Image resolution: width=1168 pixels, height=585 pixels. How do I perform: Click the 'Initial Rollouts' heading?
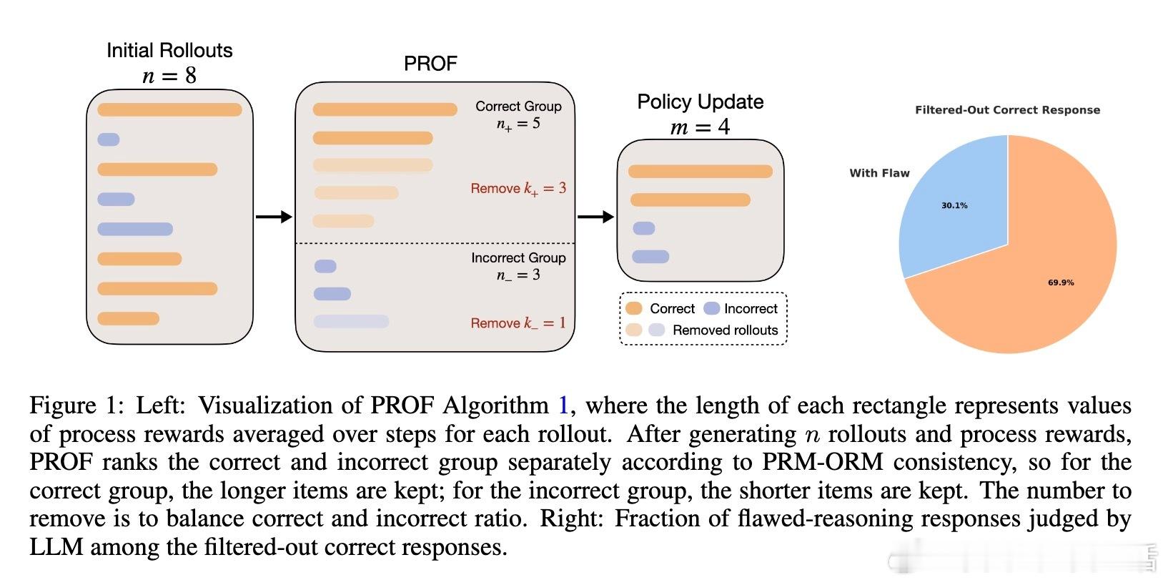tap(169, 50)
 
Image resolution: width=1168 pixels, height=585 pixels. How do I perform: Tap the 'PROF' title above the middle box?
tap(430, 64)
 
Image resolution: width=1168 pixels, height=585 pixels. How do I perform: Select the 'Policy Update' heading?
tap(701, 102)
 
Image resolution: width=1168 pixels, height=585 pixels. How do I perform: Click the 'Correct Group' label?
tap(518, 107)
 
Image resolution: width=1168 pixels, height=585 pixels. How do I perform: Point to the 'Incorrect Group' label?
tap(518, 257)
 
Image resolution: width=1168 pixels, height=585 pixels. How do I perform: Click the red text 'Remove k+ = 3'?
tap(518, 188)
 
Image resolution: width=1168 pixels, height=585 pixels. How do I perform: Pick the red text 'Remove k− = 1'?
tap(518, 323)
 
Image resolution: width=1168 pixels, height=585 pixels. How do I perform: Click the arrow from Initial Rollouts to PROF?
tap(274, 217)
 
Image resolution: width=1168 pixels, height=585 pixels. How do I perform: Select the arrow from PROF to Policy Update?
tap(595, 217)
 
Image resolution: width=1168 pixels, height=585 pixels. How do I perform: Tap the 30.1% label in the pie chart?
tap(954, 206)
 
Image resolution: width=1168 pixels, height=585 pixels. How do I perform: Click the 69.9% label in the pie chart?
tap(1061, 283)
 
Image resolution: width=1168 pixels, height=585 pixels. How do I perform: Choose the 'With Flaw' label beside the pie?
tap(879, 173)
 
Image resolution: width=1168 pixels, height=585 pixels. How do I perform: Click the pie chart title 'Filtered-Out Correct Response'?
tap(1007, 110)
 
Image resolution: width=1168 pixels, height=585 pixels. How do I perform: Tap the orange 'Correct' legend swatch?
tap(633, 308)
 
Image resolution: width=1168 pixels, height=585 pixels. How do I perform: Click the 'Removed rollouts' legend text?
tap(726, 330)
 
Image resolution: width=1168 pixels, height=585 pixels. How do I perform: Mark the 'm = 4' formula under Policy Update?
tap(701, 127)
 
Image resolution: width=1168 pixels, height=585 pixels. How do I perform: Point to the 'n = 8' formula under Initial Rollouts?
tap(169, 77)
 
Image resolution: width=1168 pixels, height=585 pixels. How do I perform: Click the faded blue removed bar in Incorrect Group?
tap(352, 321)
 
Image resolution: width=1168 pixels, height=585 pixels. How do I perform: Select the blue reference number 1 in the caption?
tap(563, 405)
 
